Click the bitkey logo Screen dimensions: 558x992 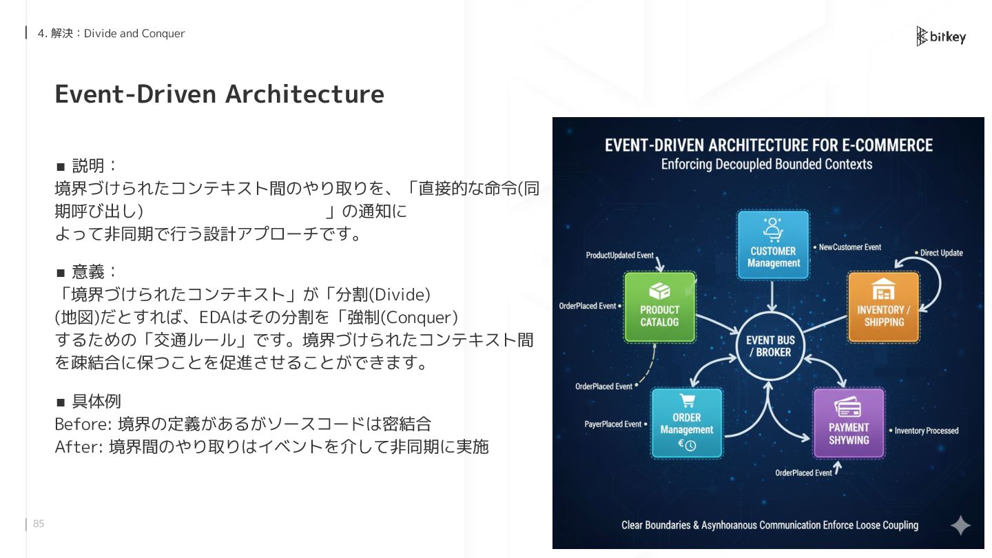tap(941, 37)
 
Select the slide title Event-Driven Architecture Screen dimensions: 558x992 tap(219, 94)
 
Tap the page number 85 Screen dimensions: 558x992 tap(39, 524)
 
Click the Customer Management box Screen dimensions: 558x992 tap(773, 245)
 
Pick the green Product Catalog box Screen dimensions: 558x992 tap(659, 307)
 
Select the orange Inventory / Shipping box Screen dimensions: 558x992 tap(883, 307)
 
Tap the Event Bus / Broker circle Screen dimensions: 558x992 tap(770, 346)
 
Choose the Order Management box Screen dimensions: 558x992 tap(687, 423)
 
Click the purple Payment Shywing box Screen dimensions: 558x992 tap(849, 423)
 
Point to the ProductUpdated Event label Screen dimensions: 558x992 tap(619, 256)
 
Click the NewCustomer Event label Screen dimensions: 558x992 tap(849, 247)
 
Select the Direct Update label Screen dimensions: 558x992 tap(941, 253)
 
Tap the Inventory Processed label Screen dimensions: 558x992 tap(926, 431)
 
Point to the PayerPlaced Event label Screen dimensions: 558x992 tap(612, 424)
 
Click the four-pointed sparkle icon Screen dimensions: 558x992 tap(960, 526)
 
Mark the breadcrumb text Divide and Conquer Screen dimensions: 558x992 tap(134, 33)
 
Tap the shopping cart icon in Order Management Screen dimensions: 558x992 tap(687, 401)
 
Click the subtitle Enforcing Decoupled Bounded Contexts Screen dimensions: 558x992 tap(767, 164)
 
